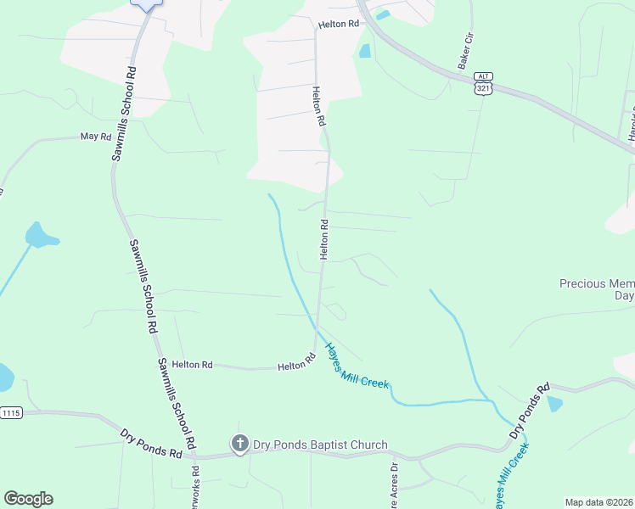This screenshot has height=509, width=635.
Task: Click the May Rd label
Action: click(96, 136)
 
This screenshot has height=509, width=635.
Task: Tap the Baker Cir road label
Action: click(464, 52)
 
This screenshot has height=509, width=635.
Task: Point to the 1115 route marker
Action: click(11, 413)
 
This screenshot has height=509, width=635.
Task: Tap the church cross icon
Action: click(239, 444)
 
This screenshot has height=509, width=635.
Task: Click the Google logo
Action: click(28, 498)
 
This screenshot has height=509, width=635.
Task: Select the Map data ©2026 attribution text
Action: click(598, 502)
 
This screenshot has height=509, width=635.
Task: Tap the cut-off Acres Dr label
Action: click(393, 484)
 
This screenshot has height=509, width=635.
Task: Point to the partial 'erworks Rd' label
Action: click(195, 487)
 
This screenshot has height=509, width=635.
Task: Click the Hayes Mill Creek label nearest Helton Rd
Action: click(357, 367)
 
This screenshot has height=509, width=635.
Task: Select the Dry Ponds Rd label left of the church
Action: click(151, 443)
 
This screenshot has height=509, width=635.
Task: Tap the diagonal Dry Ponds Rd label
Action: click(528, 411)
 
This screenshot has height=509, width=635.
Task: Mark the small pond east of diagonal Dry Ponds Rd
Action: click(554, 404)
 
